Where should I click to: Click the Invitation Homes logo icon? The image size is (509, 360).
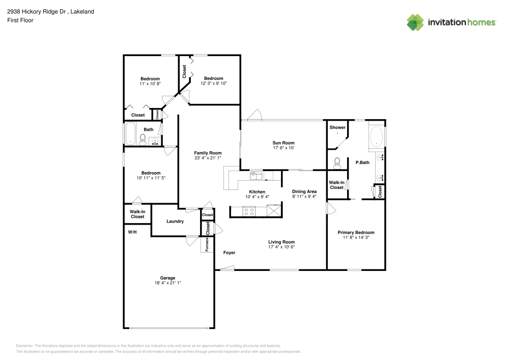coord(415,22)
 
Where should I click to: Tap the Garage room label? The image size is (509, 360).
coord(168,278)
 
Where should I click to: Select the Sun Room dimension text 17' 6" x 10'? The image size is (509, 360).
coord(284,148)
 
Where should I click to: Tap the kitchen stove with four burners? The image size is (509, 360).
coord(249,211)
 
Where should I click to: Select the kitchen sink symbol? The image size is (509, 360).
coord(256,176)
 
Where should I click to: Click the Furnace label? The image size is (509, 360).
coord(207,245)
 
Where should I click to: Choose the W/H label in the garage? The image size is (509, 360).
coord(132,232)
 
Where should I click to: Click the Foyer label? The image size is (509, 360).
coord(229,253)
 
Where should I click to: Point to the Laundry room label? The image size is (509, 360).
coord(175,221)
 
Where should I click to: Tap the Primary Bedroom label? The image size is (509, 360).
coord(356,232)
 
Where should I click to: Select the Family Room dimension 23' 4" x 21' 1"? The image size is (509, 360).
coord(208,158)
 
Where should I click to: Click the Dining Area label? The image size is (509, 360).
coord(304,191)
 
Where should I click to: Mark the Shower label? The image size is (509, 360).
coord(337,127)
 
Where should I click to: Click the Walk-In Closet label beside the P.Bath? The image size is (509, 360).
coord(336,185)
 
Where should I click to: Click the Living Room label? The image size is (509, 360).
coord(281,242)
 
